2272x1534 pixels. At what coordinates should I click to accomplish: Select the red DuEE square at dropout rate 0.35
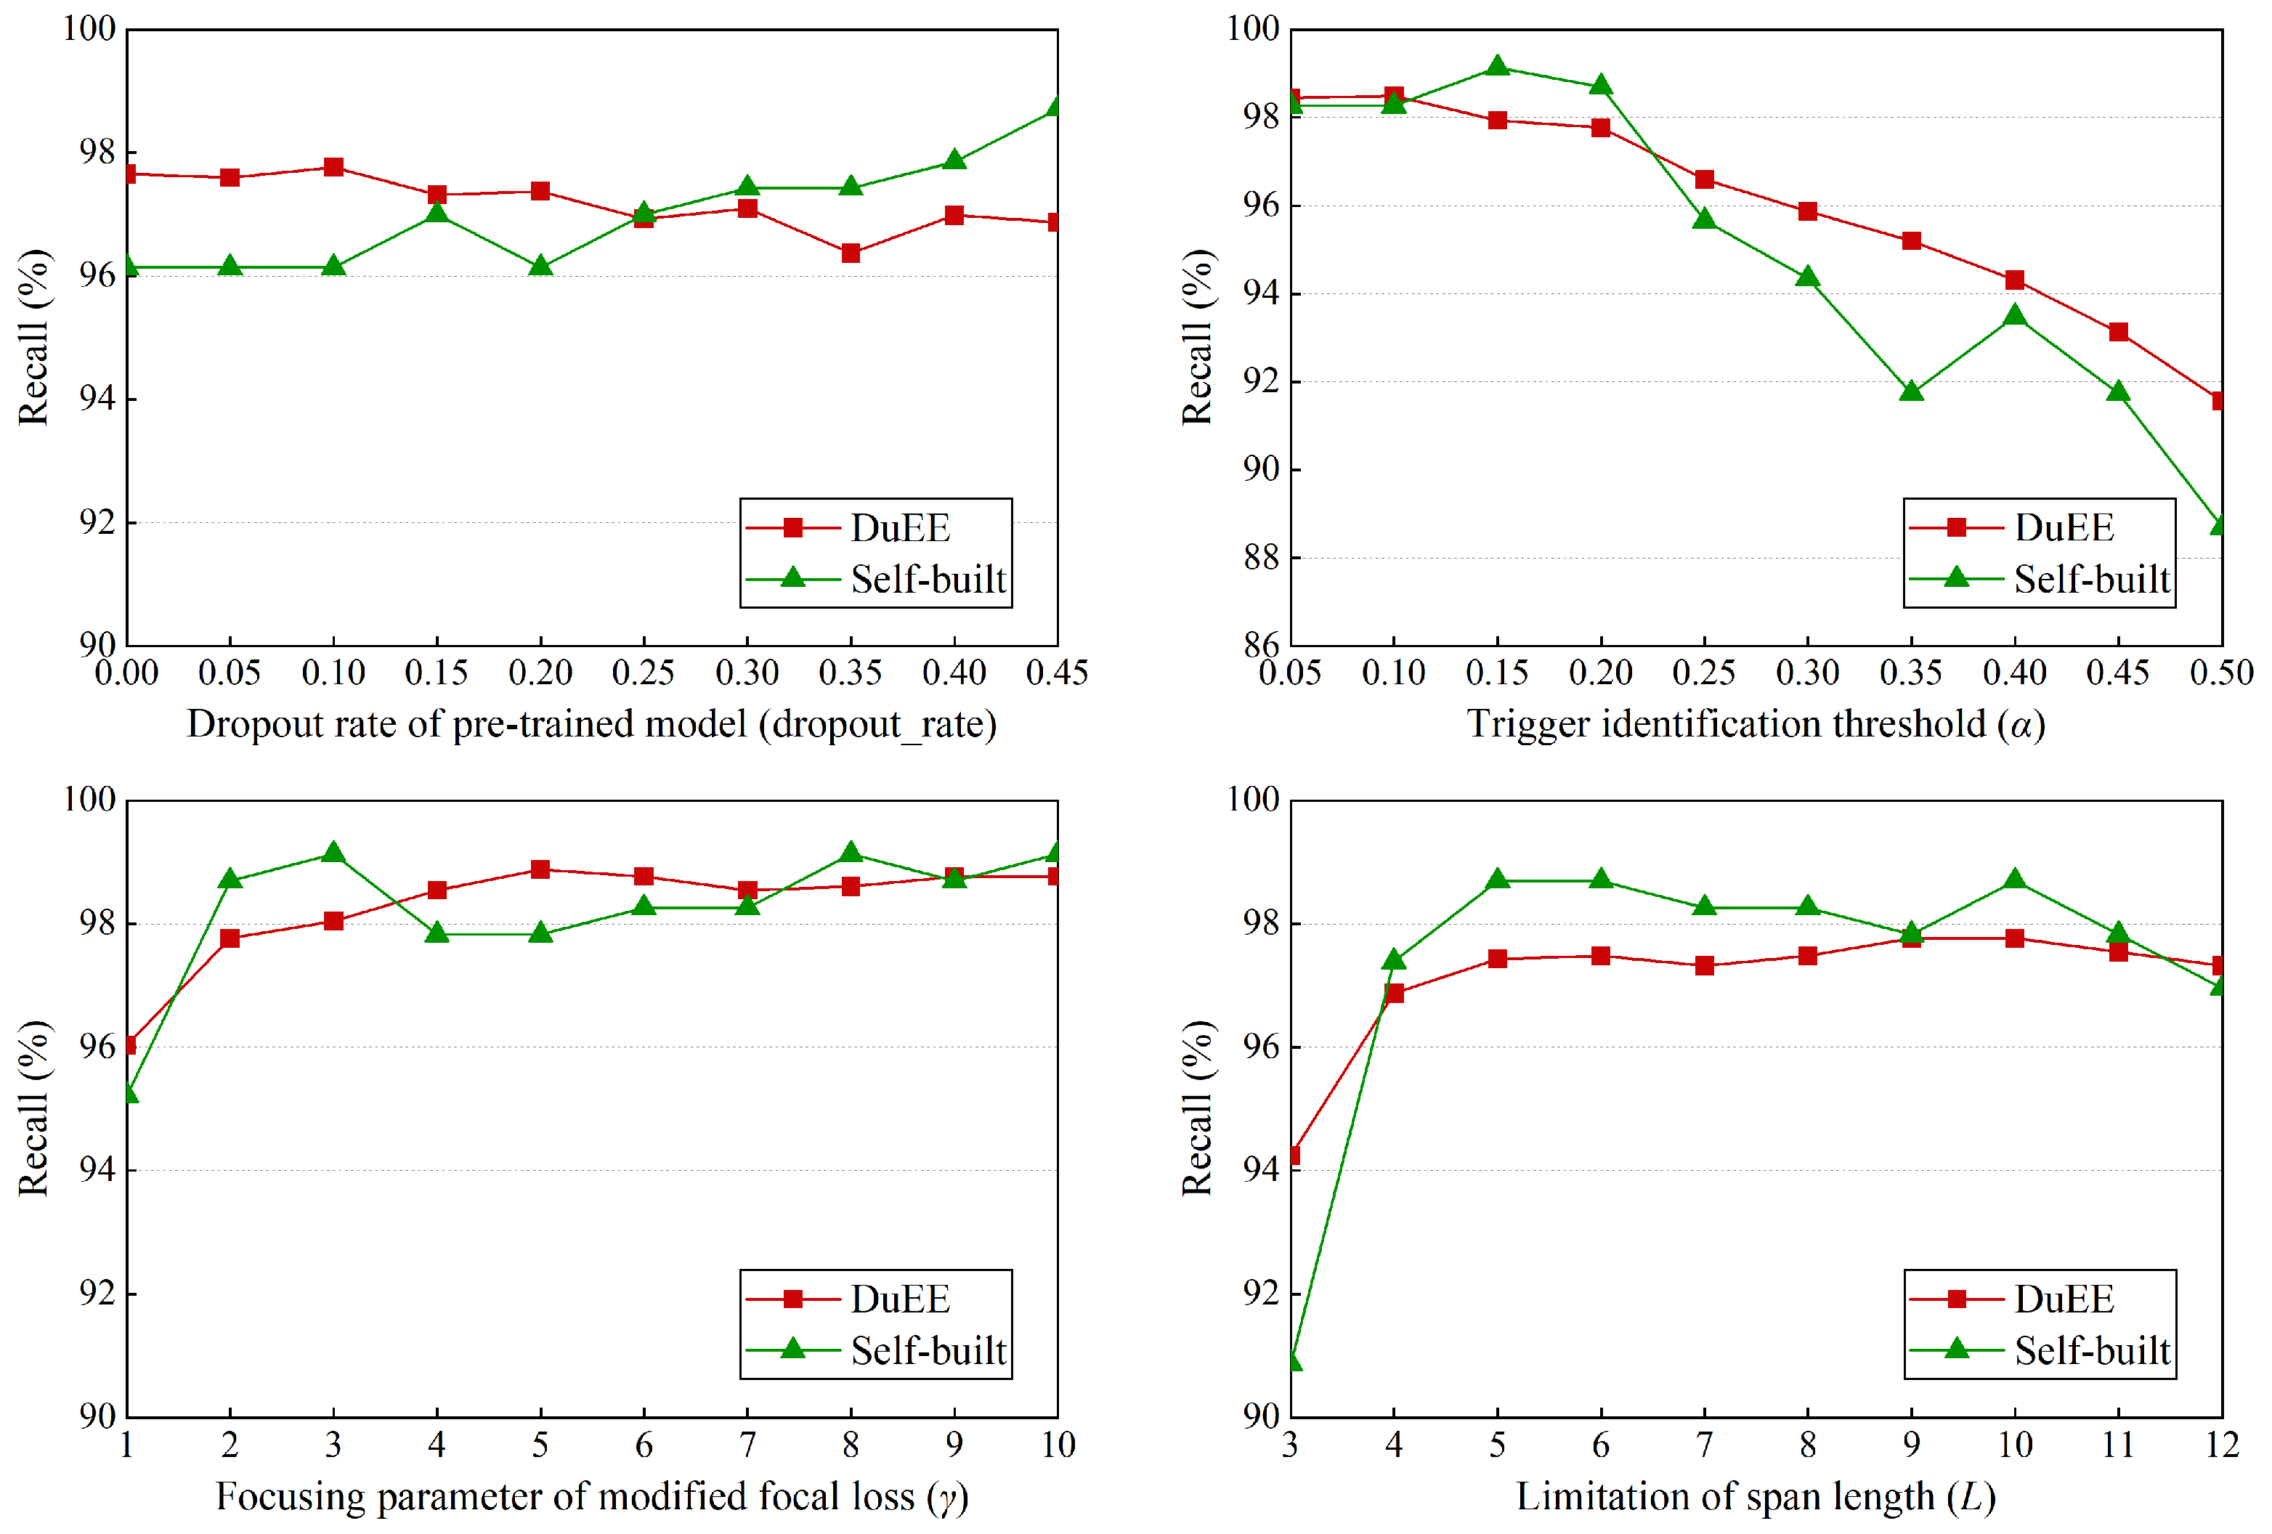coord(851,253)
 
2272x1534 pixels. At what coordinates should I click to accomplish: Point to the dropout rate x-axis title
coord(591,724)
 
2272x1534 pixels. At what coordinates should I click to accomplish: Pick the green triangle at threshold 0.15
coord(1497,67)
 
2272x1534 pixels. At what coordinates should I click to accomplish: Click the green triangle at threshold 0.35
coord(1911,392)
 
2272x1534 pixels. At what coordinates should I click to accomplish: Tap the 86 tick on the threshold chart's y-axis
coord(1260,644)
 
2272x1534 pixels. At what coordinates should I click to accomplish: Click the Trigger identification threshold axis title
coord(1756,724)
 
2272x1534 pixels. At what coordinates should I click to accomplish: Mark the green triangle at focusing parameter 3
coord(333,853)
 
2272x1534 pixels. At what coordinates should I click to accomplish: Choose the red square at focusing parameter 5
coord(540,869)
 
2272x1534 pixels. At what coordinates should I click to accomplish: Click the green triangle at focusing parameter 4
coord(437,933)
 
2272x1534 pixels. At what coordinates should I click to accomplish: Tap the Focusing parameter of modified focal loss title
coord(591,1497)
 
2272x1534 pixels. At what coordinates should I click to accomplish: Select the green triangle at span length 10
coord(2015,880)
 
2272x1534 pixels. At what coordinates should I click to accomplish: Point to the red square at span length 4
coord(1394,994)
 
